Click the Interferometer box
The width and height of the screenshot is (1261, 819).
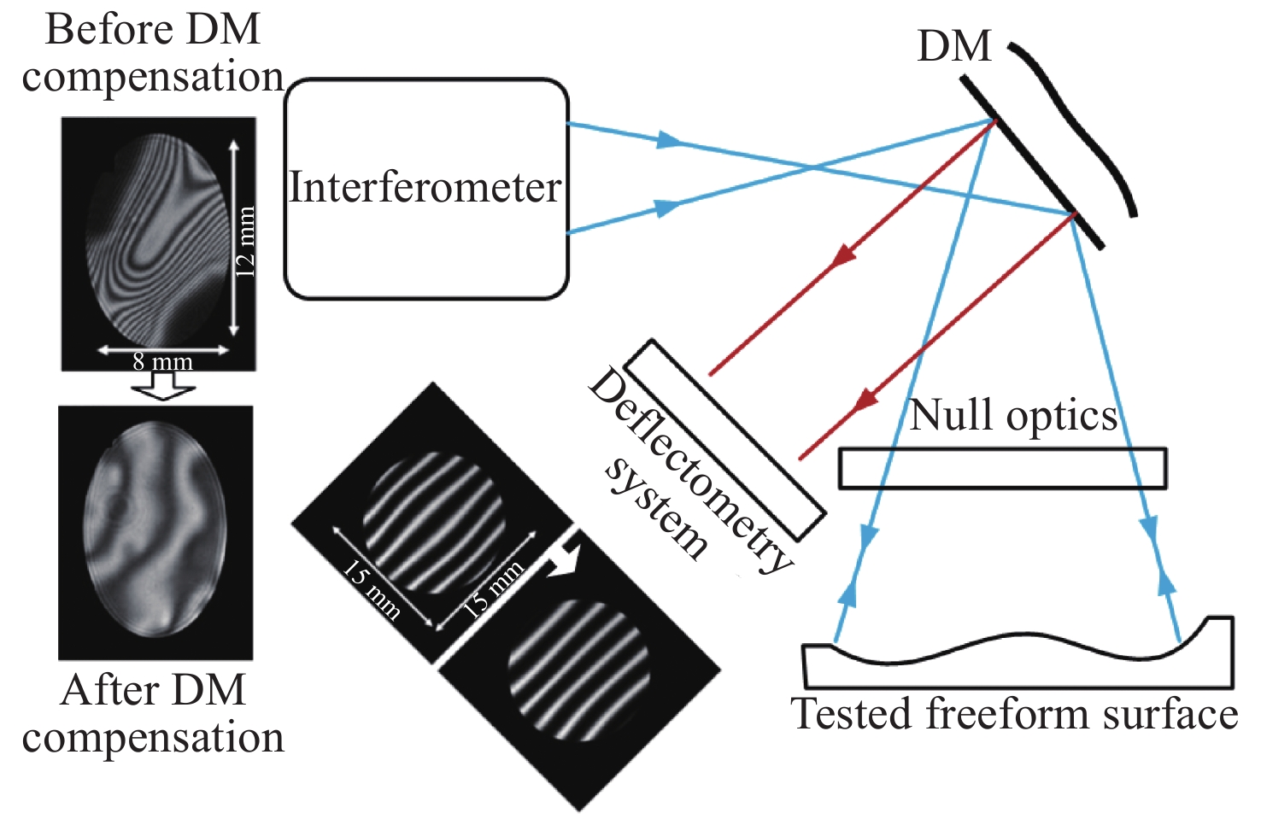coord(425,189)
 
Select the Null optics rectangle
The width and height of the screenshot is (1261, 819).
coord(1002,468)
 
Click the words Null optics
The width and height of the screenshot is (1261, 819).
coord(1013,416)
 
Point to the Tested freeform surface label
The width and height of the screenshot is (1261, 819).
coord(1015,714)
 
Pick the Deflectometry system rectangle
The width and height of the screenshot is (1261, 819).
coord(724,440)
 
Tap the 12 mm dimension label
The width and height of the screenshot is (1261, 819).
coord(245,241)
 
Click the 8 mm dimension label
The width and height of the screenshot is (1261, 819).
coord(162,361)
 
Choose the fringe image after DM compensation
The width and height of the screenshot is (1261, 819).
coord(155,531)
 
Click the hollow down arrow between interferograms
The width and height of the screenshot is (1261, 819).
coord(163,389)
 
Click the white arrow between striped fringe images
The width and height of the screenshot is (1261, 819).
coord(563,559)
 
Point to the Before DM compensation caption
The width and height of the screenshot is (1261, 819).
coord(152,53)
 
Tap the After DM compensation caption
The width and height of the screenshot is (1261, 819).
coord(153,714)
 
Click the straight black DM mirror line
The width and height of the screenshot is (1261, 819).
coord(1030,161)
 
